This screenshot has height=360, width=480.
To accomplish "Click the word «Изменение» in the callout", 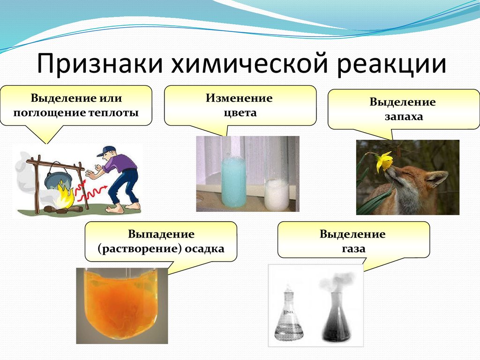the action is click(x=239, y=98).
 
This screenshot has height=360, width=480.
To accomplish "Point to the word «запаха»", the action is click(x=404, y=117).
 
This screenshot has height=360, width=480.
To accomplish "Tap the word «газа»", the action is click(x=353, y=248).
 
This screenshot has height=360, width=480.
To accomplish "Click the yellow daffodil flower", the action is click(x=384, y=161).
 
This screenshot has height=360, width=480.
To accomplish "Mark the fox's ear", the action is click(x=437, y=180).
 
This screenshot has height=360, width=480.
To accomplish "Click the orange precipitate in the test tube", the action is click(x=122, y=306).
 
